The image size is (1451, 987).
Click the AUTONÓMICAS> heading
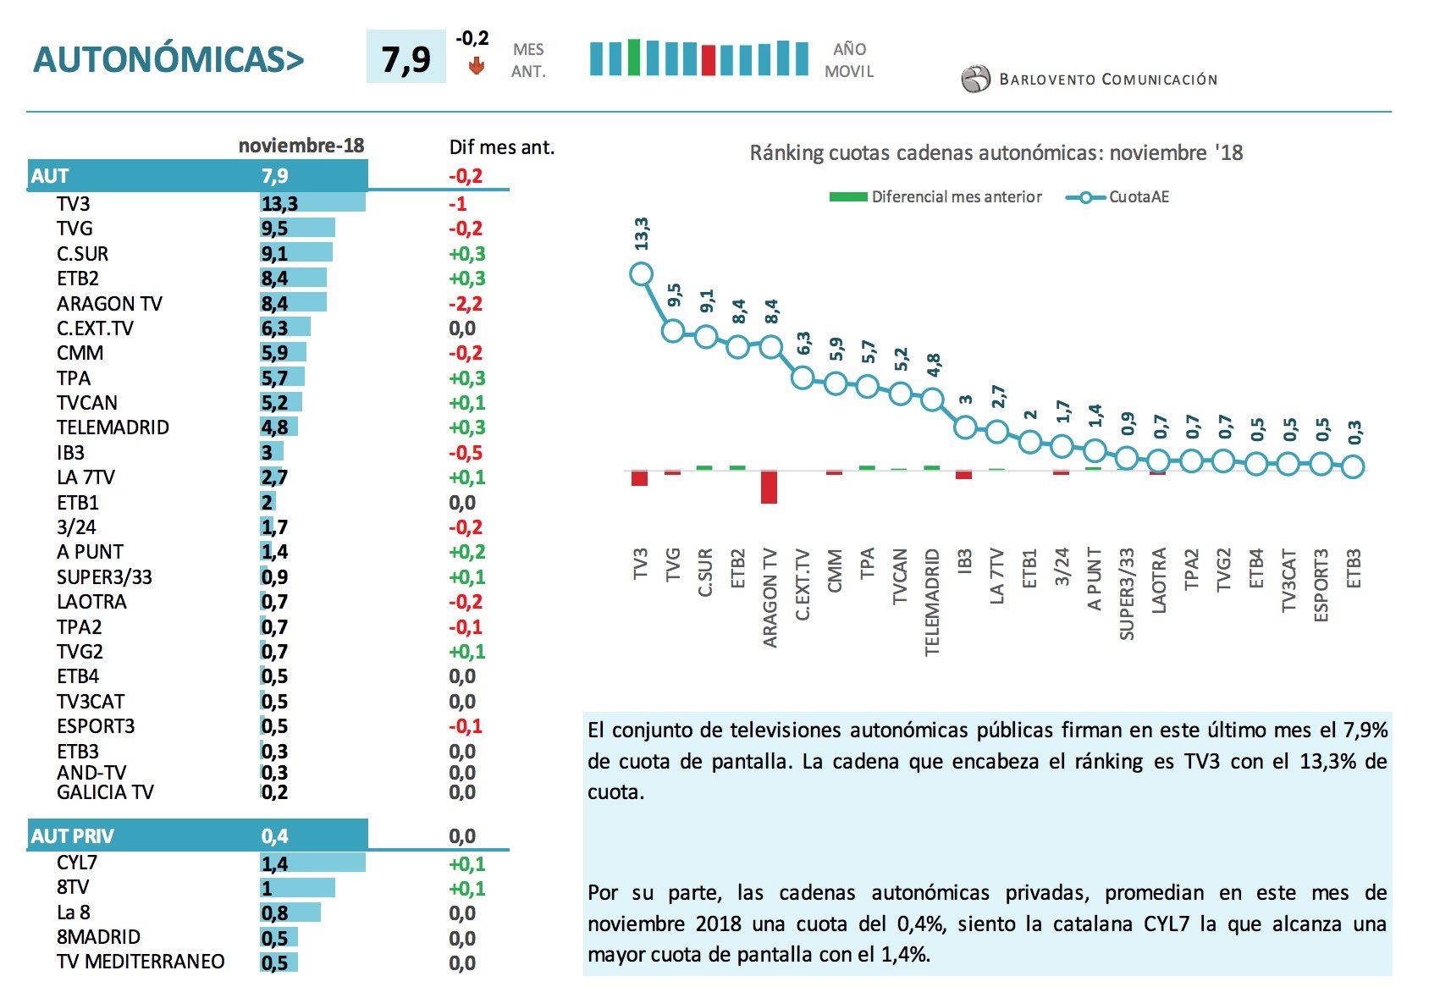point(168,59)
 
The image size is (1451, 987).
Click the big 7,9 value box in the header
point(406,58)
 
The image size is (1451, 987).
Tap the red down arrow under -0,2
point(477,65)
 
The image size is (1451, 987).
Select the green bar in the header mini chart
point(634,58)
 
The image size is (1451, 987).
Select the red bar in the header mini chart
point(709,60)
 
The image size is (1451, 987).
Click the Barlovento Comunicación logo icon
point(975,80)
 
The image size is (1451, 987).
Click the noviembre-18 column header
point(301,146)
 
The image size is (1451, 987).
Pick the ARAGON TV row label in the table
point(109,303)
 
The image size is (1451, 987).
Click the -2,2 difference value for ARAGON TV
point(466,303)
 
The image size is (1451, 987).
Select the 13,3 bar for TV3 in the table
point(313,203)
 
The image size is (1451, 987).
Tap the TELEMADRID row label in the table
point(113,427)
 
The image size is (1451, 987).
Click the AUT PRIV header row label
point(72,836)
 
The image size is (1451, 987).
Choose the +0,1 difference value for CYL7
point(466,864)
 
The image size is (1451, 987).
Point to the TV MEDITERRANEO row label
point(141,962)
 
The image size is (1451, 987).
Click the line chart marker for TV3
point(641,274)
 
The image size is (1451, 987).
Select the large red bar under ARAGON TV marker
point(769,488)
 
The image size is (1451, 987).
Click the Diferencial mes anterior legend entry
point(935,196)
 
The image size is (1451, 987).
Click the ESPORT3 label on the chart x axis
point(1321,585)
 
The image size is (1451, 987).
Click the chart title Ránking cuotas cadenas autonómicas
point(996,153)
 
